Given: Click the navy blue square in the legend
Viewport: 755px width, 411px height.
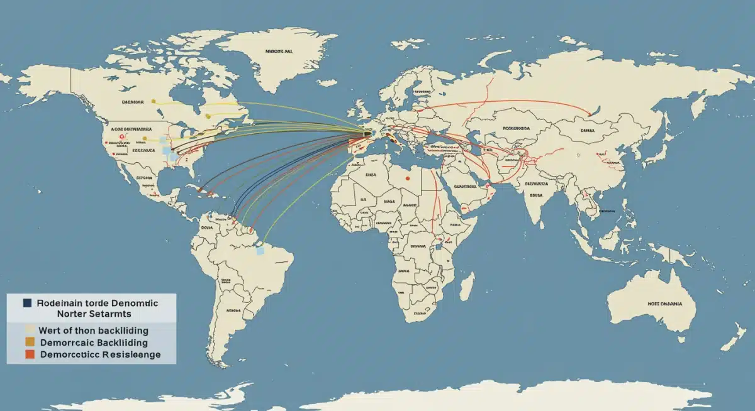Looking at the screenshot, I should coord(27,303).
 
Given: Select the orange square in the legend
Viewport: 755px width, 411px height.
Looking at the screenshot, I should coord(28,342).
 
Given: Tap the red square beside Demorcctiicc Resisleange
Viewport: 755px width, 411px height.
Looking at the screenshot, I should coord(28,354).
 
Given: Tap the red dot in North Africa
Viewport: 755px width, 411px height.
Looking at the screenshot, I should coord(408,178).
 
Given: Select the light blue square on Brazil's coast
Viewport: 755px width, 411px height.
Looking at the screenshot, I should coord(260,251).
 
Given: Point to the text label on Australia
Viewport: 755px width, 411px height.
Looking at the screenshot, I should coord(664,303).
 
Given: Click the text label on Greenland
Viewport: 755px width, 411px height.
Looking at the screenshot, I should coord(279,53).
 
